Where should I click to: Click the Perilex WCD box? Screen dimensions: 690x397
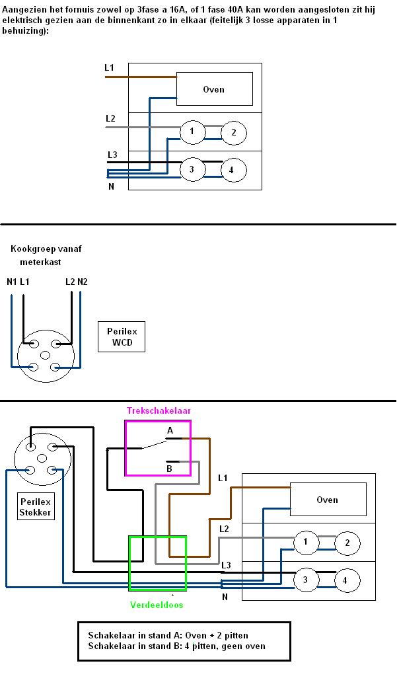click(x=120, y=337)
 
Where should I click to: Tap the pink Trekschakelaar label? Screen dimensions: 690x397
click(x=159, y=410)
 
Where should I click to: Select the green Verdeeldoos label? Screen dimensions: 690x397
click(x=157, y=605)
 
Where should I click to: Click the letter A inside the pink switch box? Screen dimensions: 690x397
click(x=170, y=430)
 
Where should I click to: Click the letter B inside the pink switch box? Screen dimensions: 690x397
click(x=169, y=469)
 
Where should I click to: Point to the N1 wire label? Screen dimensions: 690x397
click(x=11, y=282)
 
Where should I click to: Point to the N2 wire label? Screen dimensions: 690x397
click(x=82, y=282)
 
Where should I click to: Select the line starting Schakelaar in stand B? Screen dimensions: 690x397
click(x=176, y=646)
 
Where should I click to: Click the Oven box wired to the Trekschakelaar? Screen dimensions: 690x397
click(x=328, y=500)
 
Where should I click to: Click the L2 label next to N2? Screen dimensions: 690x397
click(x=70, y=282)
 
